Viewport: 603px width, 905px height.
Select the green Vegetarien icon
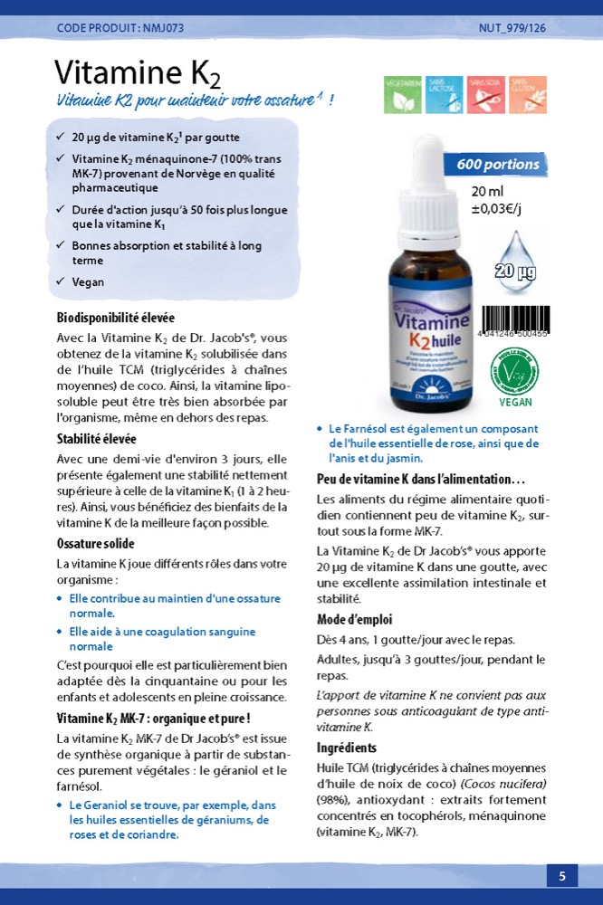pyautogui.click(x=402, y=94)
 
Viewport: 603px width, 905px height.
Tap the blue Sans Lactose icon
pyautogui.click(x=445, y=94)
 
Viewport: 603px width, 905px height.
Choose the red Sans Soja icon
pyautogui.click(x=486, y=94)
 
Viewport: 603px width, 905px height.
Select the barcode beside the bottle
pyautogui.click(x=513, y=320)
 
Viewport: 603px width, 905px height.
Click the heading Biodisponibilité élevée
pyautogui.click(x=116, y=318)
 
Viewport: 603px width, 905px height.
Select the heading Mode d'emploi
pyautogui.click(x=354, y=620)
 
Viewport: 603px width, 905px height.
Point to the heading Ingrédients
pyautogui.click(x=347, y=748)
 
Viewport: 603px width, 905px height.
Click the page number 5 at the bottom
pyautogui.click(x=561, y=875)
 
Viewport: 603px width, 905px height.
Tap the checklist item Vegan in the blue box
pyautogui.click(x=88, y=282)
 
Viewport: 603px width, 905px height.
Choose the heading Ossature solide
pyautogui.click(x=95, y=544)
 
